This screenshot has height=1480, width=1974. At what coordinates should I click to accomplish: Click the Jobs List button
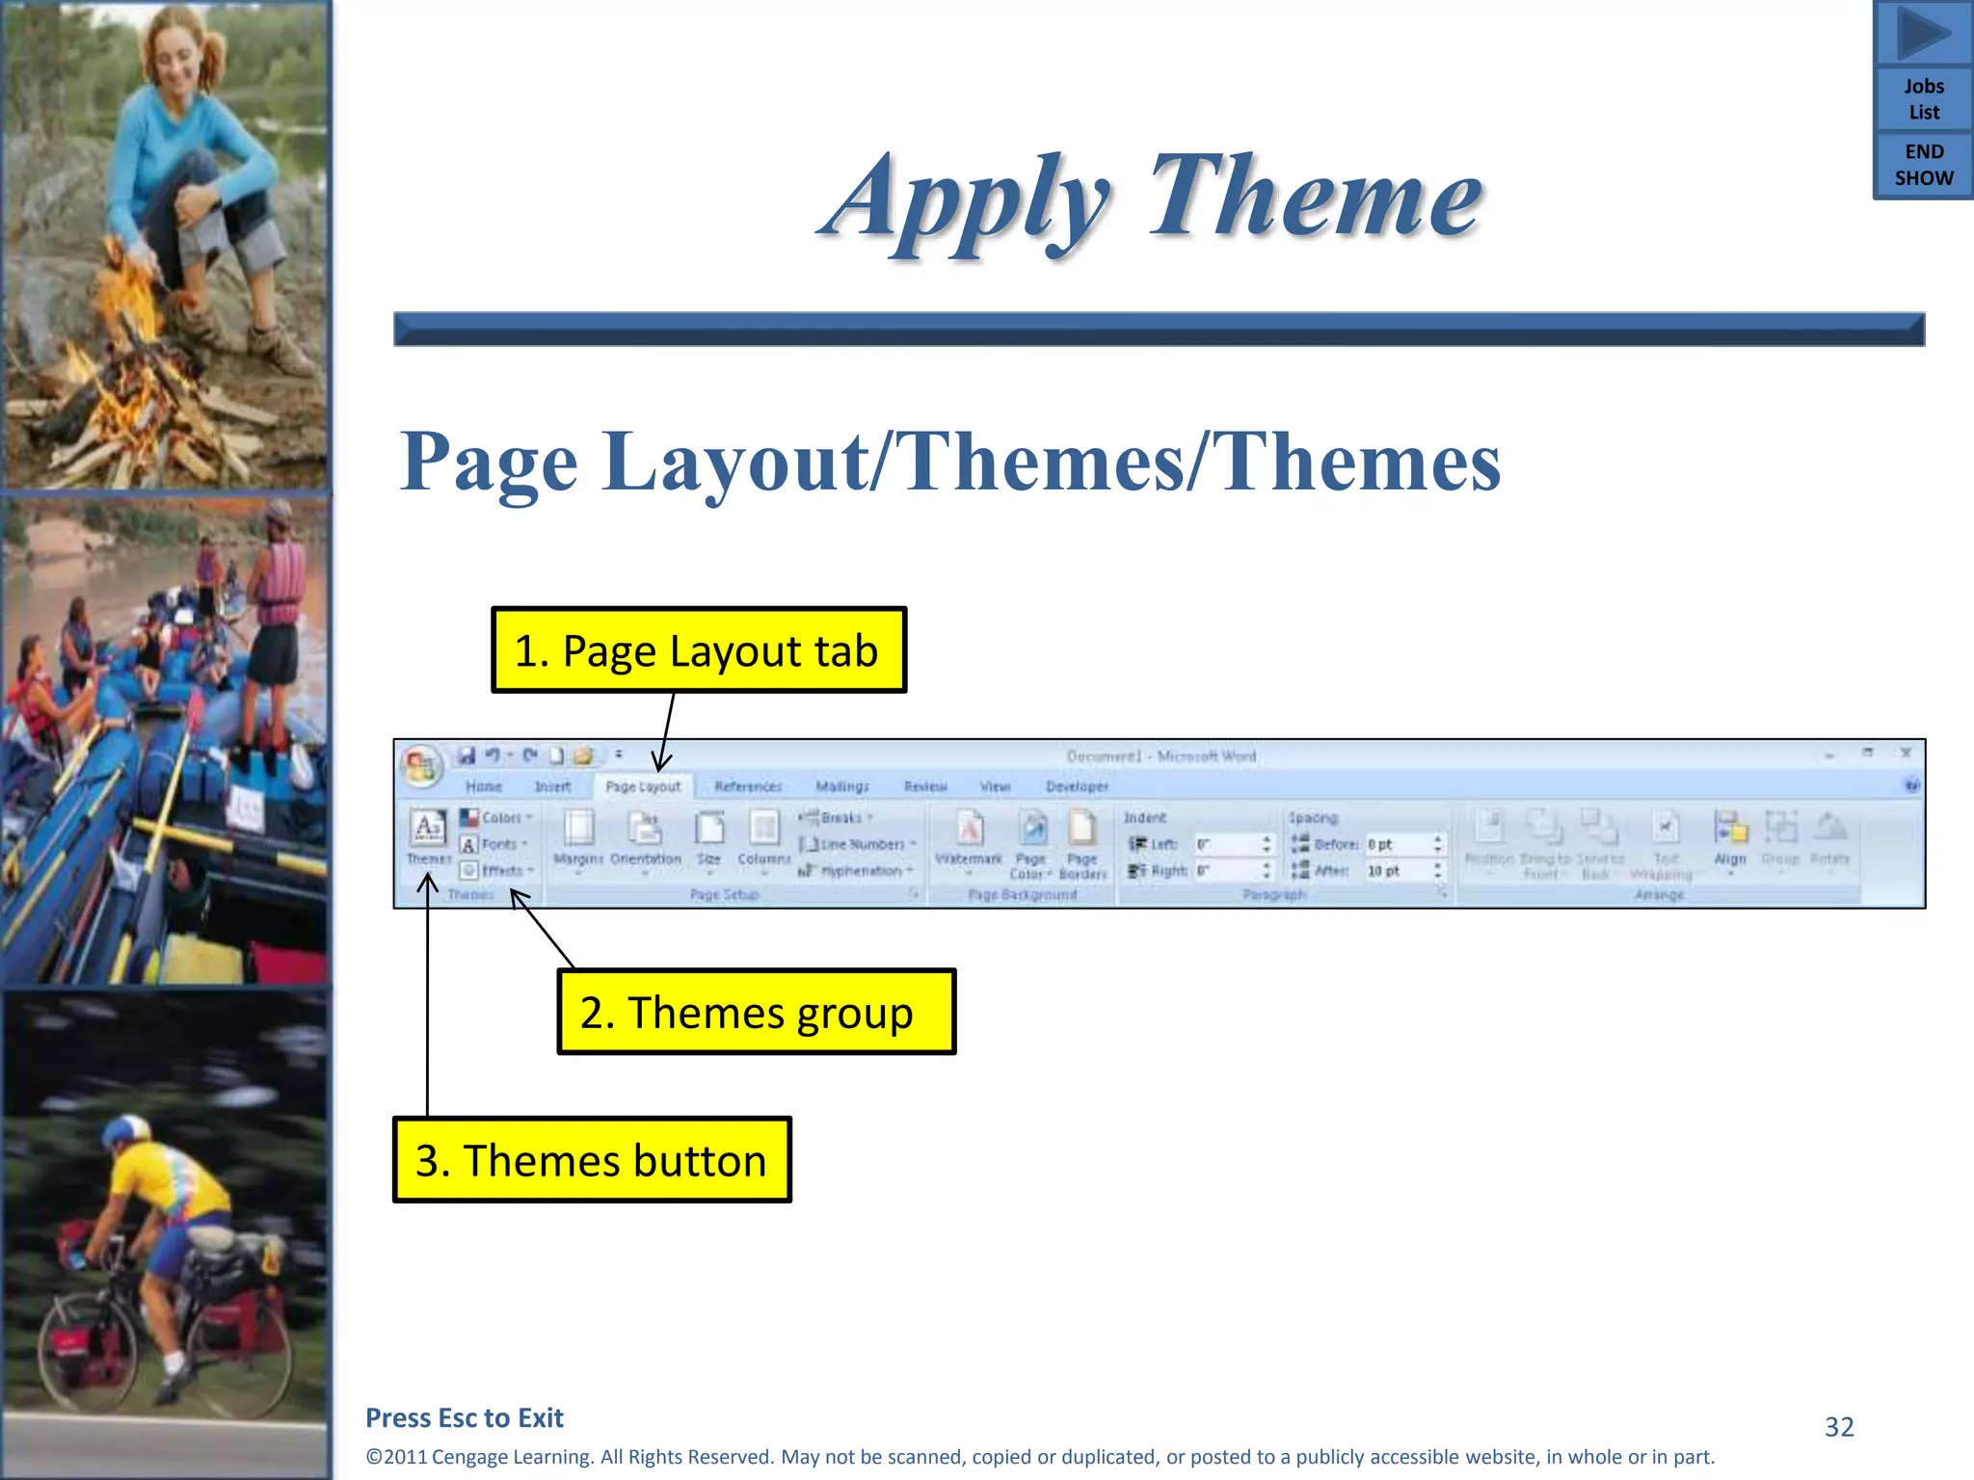click(x=1923, y=99)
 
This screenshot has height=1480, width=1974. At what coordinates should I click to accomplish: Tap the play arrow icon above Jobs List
click(x=1923, y=33)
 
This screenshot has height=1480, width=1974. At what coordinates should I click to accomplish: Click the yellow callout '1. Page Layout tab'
click(x=699, y=650)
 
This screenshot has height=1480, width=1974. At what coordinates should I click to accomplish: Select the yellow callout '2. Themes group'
click(x=757, y=1012)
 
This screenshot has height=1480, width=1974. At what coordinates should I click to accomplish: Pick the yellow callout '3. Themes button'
click(x=592, y=1160)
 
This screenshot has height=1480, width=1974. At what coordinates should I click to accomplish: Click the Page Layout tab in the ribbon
click(x=643, y=786)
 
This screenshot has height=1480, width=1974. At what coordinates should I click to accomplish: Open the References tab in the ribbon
click(x=748, y=786)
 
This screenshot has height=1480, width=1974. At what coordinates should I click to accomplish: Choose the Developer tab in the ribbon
click(x=1077, y=786)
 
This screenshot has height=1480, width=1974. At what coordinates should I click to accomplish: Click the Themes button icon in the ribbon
click(x=428, y=834)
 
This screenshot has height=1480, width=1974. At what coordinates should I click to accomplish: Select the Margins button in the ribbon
click(x=578, y=836)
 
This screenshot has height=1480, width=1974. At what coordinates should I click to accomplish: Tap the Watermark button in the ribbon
click(x=970, y=836)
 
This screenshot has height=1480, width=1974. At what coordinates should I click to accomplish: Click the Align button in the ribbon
click(x=1730, y=836)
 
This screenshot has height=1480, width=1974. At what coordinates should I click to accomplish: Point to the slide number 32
click(x=1839, y=1427)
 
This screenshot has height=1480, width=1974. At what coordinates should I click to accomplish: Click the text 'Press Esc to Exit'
click(x=465, y=1417)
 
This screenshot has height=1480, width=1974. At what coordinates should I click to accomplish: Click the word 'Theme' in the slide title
click(x=1315, y=198)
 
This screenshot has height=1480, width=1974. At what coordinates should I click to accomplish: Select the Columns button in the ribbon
click(x=763, y=836)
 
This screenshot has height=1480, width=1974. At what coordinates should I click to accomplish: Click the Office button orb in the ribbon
click(x=421, y=765)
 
